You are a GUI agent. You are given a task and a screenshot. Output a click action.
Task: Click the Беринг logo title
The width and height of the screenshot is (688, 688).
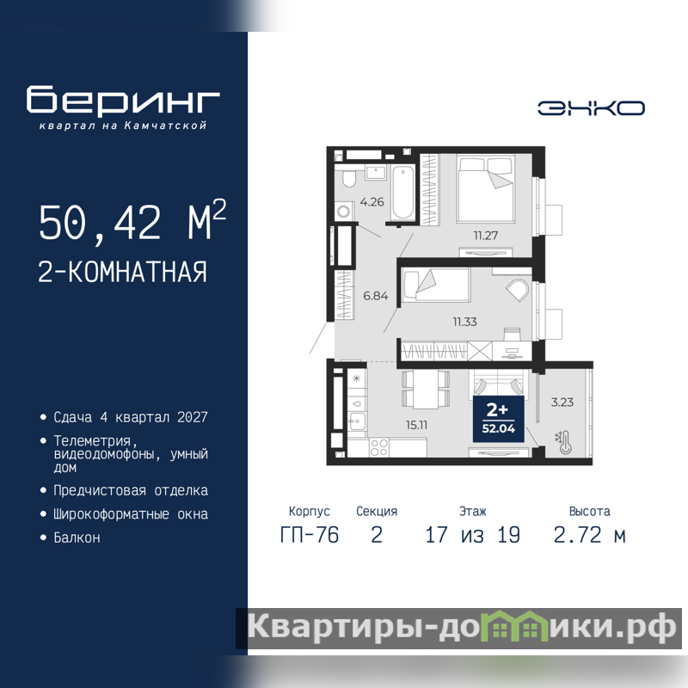[x=123, y=100]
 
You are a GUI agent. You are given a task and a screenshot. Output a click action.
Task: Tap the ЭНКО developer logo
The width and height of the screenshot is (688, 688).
[x=591, y=108]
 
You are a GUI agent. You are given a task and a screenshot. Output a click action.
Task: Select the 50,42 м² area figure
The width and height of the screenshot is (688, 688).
[x=132, y=220]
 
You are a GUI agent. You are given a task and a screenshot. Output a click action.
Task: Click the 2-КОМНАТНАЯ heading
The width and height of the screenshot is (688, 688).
[x=122, y=272]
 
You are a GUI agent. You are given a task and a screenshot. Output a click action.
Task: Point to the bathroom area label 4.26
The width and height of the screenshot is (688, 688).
[x=372, y=202]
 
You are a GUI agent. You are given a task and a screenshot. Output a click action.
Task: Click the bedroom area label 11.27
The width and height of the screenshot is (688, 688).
[x=485, y=236]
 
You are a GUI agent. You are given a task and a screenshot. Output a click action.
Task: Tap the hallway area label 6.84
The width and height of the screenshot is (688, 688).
[x=375, y=296]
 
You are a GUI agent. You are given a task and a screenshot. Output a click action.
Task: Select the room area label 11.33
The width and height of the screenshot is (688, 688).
[x=464, y=322]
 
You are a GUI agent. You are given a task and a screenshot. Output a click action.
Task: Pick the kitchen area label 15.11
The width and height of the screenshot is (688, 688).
[x=416, y=425]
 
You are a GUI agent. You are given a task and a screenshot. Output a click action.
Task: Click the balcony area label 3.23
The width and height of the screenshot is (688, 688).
[x=562, y=402]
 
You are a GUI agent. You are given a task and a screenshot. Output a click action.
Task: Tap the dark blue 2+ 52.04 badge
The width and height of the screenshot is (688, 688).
[x=498, y=419]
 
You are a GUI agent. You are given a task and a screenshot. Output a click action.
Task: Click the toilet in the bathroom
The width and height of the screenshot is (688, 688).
[x=350, y=178]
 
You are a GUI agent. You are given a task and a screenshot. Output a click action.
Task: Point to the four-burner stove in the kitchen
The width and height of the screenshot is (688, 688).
[x=378, y=447]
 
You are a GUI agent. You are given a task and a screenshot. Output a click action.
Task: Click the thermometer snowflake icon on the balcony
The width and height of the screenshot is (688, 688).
[x=564, y=442]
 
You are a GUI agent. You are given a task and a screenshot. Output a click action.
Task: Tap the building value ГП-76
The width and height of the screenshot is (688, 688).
[x=310, y=535]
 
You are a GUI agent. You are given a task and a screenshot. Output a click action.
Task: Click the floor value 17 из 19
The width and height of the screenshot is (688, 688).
[x=473, y=535]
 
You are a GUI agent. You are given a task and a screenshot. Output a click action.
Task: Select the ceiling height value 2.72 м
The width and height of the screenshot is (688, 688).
[x=589, y=535]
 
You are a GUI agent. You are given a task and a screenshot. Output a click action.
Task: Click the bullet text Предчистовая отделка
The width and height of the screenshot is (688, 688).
[x=131, y=490]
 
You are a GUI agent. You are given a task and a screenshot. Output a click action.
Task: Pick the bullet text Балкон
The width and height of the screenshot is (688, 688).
[x=77, y=537]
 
